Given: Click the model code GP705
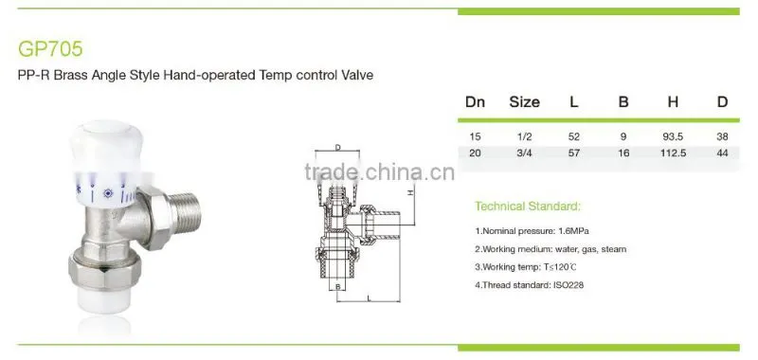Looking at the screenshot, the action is click(50, 49).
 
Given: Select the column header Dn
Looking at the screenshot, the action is click(475, 102).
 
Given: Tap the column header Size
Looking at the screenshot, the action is click(524, 102).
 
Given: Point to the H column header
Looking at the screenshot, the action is click(673, 102).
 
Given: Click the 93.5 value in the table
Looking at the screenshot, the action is click(673, 136).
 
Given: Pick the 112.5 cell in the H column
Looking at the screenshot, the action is click(673, 153).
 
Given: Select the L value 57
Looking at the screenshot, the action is click(574, 153).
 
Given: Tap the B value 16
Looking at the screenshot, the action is click(623, 153).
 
